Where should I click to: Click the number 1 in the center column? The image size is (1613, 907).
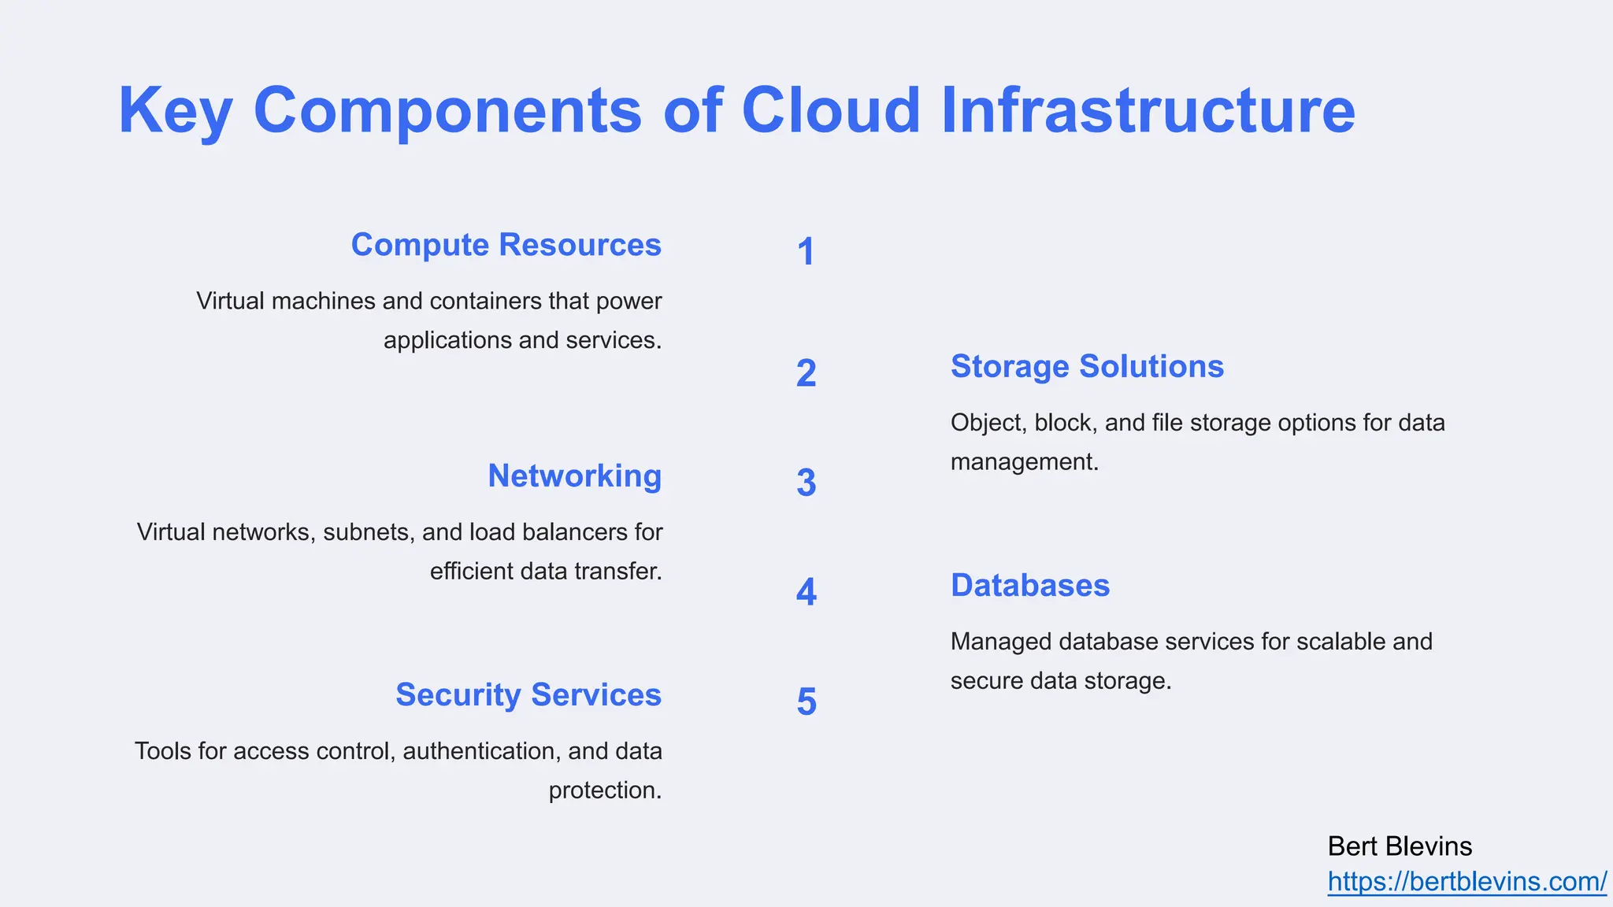[x=806, y=252]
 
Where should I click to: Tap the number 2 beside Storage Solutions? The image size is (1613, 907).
[x=806, y=373]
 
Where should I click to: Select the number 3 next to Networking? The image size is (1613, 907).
[x=806, y=483]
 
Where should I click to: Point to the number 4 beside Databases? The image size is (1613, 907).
[x=806, y=592]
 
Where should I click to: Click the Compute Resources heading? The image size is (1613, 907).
[x=506, y=245]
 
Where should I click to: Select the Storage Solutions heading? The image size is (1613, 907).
[x=1087, y=367]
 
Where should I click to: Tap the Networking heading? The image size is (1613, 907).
[x=574, y=476]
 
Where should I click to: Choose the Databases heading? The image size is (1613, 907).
[x=1029, y=586]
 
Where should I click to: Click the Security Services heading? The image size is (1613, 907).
[x=528, y=695]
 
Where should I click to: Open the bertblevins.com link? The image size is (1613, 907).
[x=1467, y=882]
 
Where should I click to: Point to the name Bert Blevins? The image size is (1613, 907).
[x=1400, y=846]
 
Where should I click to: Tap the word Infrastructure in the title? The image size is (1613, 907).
[x=1148, y=110]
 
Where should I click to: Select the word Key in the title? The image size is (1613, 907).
[x=175, y=112]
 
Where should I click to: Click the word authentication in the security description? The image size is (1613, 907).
[x=480, y=751]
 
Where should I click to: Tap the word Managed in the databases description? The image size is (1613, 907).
[x=1001, y=642]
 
